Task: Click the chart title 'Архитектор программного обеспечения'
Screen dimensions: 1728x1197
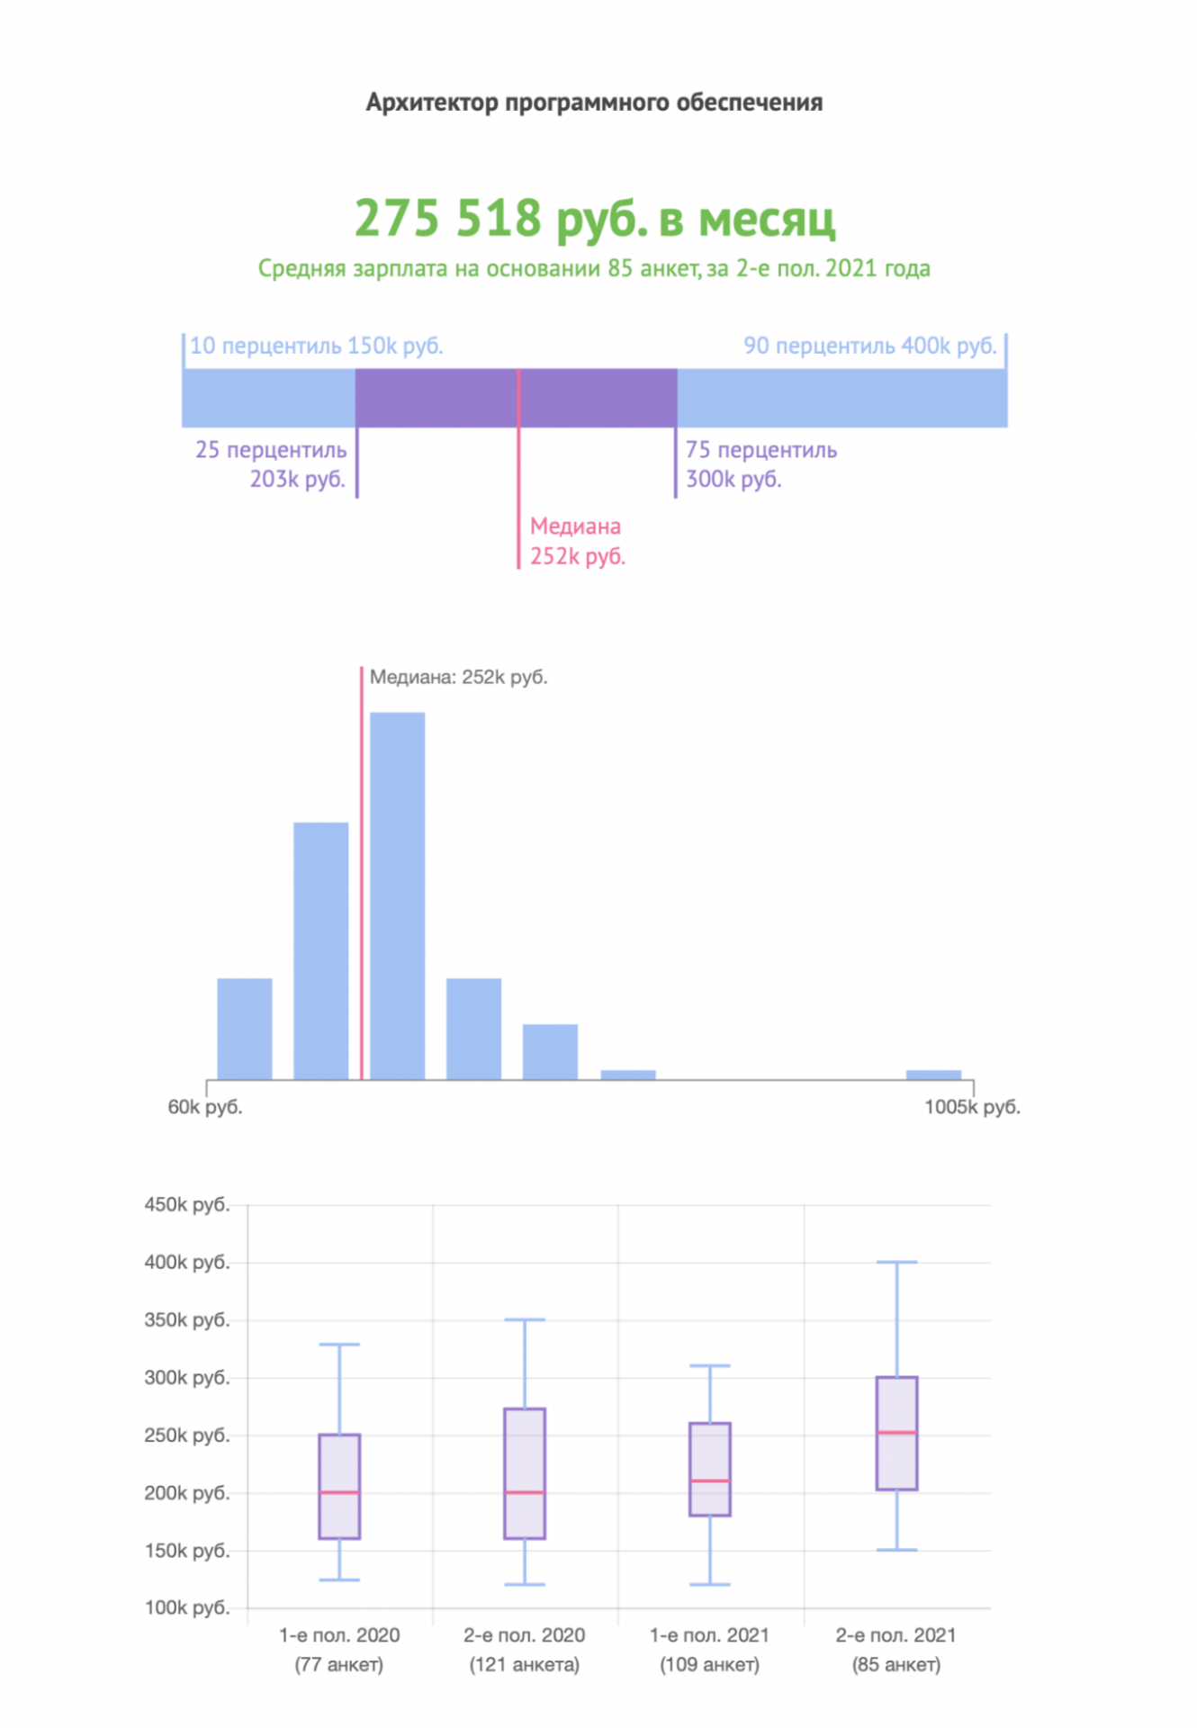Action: (594, 103)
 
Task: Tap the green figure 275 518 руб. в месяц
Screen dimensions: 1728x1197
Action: (595, 219)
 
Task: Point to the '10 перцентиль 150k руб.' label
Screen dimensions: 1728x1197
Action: (316, 346)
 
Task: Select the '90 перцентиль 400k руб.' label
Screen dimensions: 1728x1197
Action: (869, 346)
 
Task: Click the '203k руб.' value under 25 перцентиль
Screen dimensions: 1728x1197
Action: (297, 479)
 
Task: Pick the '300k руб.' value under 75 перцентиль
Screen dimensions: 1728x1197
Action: (733, 479)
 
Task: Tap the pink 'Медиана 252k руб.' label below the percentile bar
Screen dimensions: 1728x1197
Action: (577, 541)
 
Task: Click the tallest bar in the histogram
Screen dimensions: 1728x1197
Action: (397, 895)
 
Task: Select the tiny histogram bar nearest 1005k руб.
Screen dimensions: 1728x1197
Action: (933, 1074)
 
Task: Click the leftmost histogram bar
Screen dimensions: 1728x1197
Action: (245, 1028)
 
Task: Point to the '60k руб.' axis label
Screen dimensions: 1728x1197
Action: (205, 1107)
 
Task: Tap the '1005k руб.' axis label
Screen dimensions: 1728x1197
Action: (972, 1107)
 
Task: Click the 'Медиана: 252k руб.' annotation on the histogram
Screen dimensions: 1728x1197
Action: (458, 678)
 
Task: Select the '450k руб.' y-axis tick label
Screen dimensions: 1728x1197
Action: (187, 1204)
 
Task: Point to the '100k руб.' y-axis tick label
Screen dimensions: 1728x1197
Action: (187, 1607)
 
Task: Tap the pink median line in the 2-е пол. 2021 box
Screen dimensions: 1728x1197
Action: (896, 1433)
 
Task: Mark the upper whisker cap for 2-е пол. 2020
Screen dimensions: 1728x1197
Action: (525, 1319)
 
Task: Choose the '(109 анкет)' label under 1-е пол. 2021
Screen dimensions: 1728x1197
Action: (709, 1665)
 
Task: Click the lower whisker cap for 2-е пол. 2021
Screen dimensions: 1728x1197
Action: (896, 1550)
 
